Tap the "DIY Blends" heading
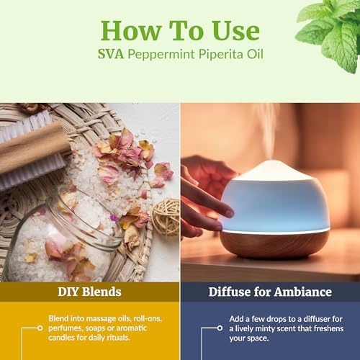pyautogui.click(x=89, y=292)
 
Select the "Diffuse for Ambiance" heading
pyautogui.click(x=270, y=292)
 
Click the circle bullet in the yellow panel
pyautogui.click(x=40, y=328)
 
